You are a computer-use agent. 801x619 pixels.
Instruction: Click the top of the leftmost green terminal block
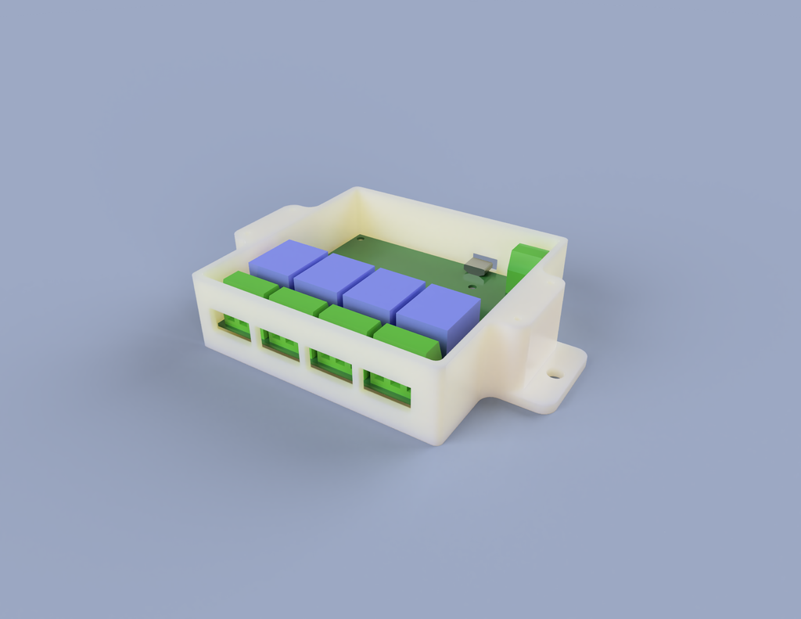tap(250, 284)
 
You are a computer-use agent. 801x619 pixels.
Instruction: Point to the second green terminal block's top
tap(297, 301)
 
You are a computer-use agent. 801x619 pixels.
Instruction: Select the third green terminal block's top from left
tap(349, 319)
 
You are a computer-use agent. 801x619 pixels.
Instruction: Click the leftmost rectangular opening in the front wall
tap(234, 325)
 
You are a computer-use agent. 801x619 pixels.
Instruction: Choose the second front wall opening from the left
tap(281, 344)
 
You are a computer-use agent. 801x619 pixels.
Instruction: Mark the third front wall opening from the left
tap(332, 365)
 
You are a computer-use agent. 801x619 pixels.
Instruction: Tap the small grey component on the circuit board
tap(479, 265)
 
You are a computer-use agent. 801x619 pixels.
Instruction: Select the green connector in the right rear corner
tap(526, 266)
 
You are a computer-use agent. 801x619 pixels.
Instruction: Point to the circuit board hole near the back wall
tap(361, 239)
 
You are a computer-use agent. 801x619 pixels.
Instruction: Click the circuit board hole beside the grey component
tap(472, 286)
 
